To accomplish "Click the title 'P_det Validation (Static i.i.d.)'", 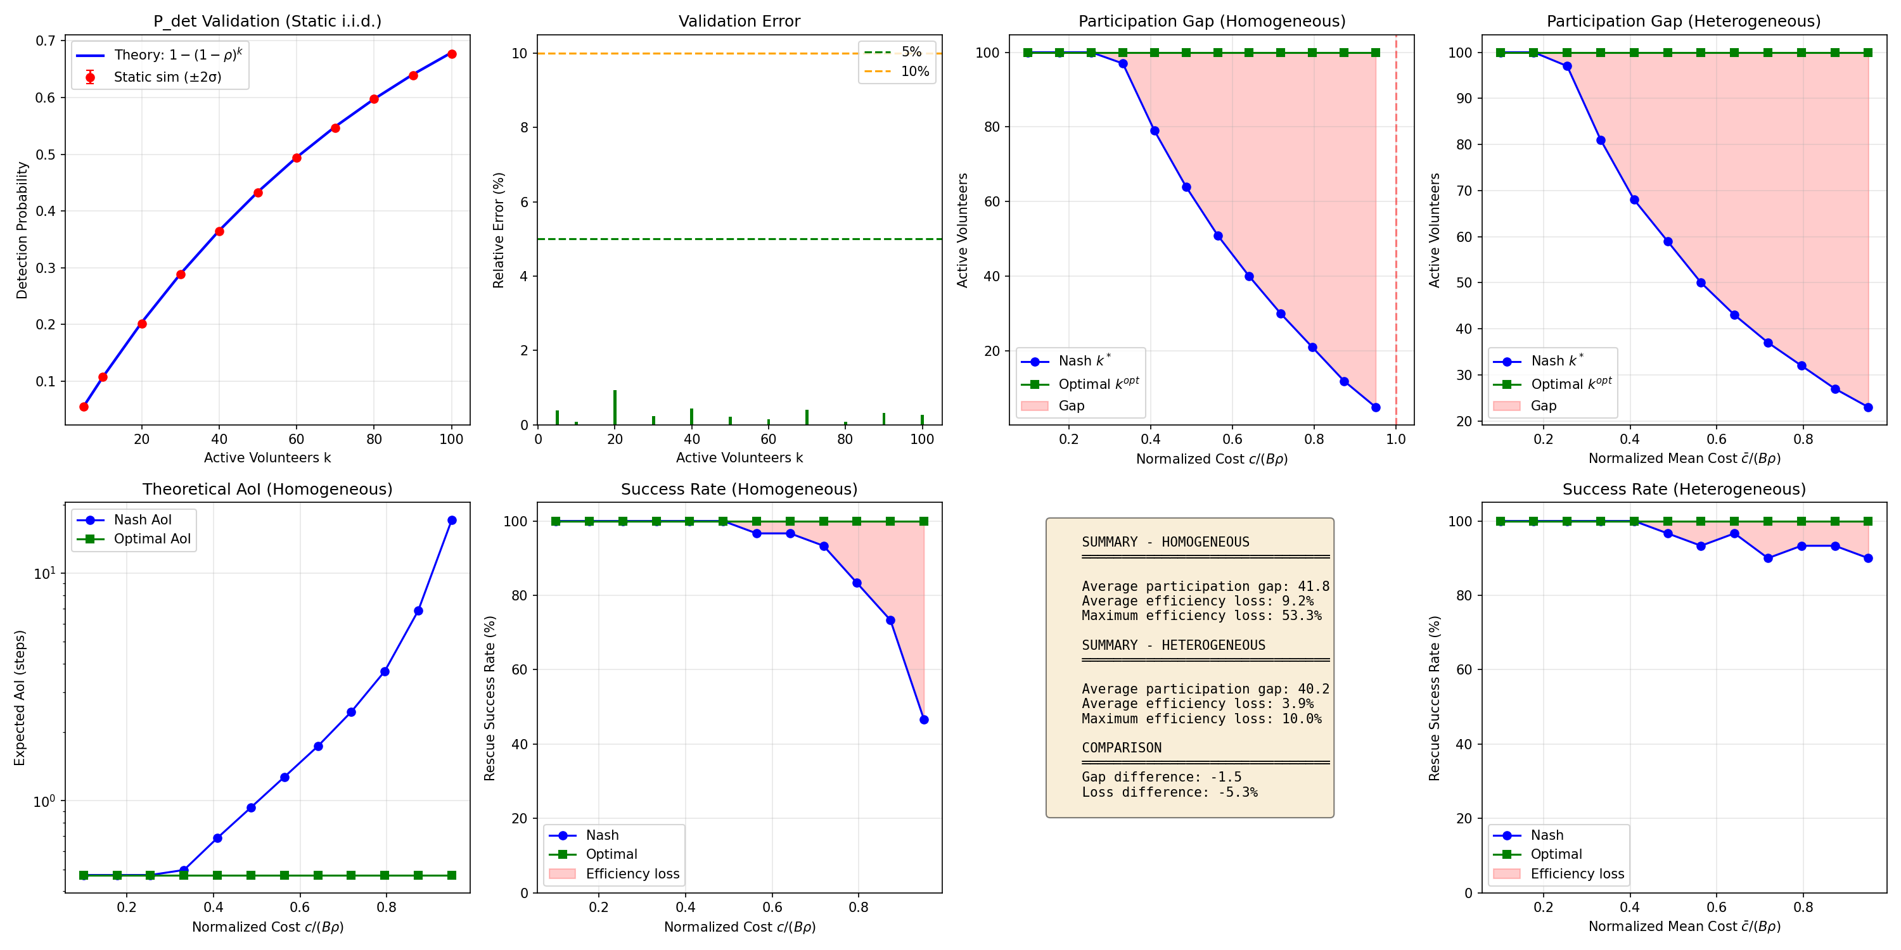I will [267, 21].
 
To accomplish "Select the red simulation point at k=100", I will [452, 54].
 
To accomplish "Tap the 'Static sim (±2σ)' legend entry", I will [167, 77].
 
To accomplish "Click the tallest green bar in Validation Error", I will [615, 407].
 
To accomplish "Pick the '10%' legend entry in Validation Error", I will [914, 72].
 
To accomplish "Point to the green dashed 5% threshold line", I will [739, 239].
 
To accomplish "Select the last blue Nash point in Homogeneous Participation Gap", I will [1376, 407].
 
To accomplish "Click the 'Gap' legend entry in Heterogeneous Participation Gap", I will [1543, 406].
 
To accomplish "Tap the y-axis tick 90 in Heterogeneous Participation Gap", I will [1463, 98].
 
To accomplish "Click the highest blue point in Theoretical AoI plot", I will [452, 520].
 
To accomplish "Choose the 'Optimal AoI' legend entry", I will [151, 539].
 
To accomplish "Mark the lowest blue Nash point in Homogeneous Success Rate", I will [924, 719].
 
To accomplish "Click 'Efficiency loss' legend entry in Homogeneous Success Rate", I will [632, 874].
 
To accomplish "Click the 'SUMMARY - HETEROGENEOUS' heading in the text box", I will [1174, 645].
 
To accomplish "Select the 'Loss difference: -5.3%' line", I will [1170, 792].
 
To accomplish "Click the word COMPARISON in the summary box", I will [1122, 748].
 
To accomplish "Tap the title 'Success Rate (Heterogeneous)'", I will [1683, 489].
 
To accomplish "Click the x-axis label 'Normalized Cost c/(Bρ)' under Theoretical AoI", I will [267, 927].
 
